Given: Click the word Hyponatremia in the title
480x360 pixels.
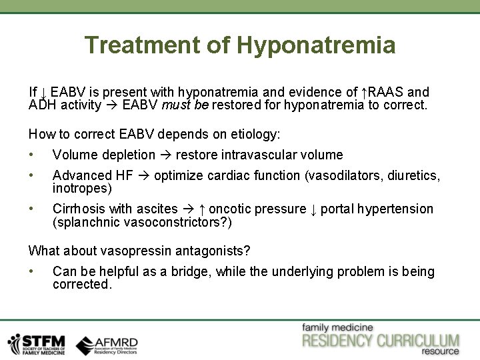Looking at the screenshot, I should pos(316,45).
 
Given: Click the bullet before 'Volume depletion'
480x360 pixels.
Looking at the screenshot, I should pos(31,155).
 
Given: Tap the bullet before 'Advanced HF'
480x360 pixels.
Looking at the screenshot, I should pos(31,175).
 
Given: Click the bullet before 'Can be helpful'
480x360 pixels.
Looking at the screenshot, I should pos(31,271).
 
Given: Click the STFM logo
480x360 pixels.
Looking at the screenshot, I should pos(36,343).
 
